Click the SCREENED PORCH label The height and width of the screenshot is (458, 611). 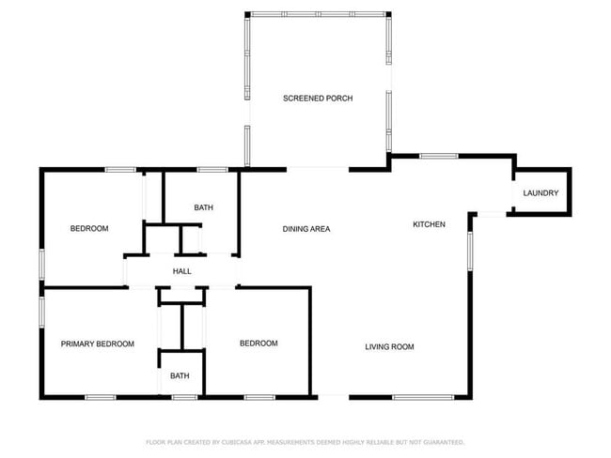318,99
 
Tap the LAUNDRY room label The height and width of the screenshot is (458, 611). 540,193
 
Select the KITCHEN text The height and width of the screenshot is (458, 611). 429,224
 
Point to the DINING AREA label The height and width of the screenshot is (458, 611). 306,229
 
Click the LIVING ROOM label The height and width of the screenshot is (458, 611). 389,347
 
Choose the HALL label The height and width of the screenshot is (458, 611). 181,271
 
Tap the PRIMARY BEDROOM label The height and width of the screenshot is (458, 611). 97,343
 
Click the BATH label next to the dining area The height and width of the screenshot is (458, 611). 203,207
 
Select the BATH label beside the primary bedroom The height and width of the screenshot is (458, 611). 180,376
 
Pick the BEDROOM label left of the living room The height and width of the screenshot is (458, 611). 258,343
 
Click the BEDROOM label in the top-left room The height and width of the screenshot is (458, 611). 89,229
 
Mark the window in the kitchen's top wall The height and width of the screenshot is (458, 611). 438,156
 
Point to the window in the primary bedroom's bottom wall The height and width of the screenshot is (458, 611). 101,397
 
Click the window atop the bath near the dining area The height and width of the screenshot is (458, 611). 211,170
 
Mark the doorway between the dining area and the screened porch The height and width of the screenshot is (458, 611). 318,170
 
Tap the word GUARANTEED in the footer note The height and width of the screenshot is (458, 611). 440,442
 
